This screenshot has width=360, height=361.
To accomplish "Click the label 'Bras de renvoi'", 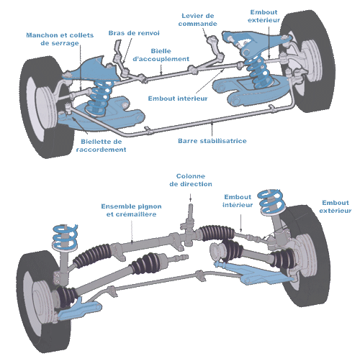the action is [x=134, y=33].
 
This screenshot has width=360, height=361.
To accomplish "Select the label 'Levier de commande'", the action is [x=198, y=19].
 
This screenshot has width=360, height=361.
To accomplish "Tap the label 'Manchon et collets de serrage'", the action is [x=60, y=39].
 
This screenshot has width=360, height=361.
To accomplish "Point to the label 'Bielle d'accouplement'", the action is [x=161, y=55].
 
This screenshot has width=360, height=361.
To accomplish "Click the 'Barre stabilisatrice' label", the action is [x=212, y=141].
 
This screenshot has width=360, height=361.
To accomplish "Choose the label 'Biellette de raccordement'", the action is [x=101, y=145].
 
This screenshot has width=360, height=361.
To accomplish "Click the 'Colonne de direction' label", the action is [x=191, y=180].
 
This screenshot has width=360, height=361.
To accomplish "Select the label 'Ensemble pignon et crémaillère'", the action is [x=131, y=210].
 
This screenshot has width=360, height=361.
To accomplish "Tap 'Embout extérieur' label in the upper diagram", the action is [x=264, y=16].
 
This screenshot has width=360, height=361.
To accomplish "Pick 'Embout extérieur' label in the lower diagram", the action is [x=336, y=206].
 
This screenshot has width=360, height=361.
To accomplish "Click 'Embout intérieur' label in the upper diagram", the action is [x=178, y=99].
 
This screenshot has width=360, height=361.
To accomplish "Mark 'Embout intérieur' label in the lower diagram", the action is [x=238, y=201].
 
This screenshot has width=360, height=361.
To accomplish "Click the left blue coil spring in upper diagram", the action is [x=99, y=98].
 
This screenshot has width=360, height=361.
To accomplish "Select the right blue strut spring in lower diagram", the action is [x=271, y=202].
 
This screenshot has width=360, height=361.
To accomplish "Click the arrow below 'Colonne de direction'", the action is [x=191, y=197].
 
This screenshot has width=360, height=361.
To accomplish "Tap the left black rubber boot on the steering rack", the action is [x=92, y=255].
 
